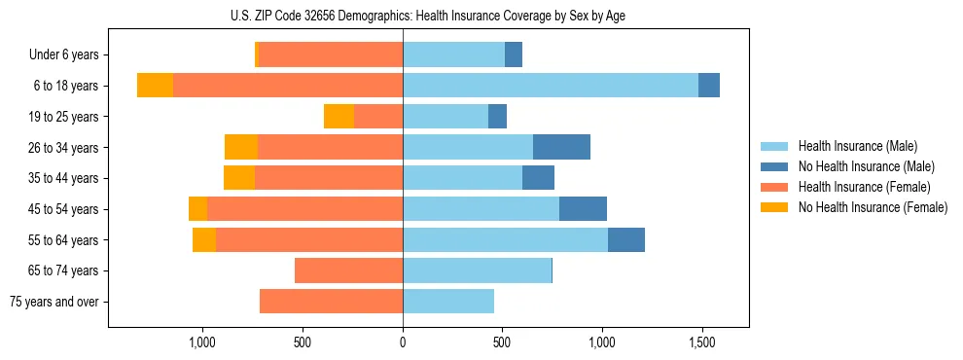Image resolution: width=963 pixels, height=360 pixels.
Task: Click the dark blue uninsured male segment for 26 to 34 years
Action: coord(561,147)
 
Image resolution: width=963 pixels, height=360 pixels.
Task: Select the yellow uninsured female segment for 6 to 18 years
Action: coord(155,86)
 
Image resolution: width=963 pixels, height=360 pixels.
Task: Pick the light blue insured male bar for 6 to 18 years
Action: coord(551,86)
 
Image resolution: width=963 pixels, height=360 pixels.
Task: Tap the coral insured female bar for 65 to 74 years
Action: coord(348,270)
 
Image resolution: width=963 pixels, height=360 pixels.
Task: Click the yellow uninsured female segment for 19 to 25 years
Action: coord(339,117)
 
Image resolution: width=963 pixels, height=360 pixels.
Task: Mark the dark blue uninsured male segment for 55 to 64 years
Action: coord(626,239)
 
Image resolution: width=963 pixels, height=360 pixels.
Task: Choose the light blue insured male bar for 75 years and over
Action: coord(448,302)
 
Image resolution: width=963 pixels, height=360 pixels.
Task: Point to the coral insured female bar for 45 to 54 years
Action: coord(304,209)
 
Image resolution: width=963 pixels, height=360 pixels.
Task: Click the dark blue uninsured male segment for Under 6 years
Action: coord(514,54)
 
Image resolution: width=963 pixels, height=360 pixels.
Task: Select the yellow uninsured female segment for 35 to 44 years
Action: coord(239,178)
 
